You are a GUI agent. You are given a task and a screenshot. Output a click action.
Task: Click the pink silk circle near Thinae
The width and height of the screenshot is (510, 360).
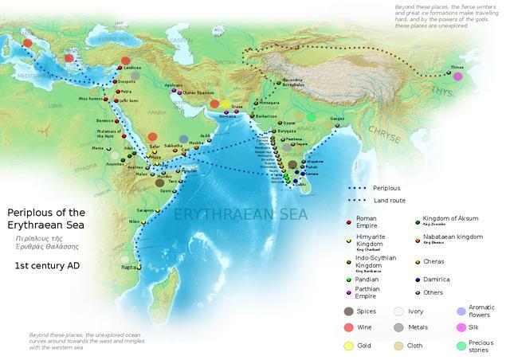pyautogui.click(x=457, y=76)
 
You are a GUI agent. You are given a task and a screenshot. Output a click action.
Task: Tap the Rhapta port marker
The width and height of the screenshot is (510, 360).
pyautogui.click(x=139, y=268)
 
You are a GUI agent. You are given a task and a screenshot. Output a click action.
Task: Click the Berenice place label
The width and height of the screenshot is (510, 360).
pyautogui.click(x=105, y=122)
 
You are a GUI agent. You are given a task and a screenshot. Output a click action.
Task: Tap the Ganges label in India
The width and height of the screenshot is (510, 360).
pyautogui.click(x=337, y=119)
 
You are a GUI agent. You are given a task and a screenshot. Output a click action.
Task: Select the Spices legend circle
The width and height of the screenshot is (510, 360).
pyautogui.click(x=348, y=311)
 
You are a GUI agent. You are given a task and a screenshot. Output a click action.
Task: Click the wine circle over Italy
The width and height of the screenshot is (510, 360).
pyautogui.click(x=29, y=43)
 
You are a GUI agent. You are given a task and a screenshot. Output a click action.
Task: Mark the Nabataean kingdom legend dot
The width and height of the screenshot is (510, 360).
pyautogui.click(x=418, y=238)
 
